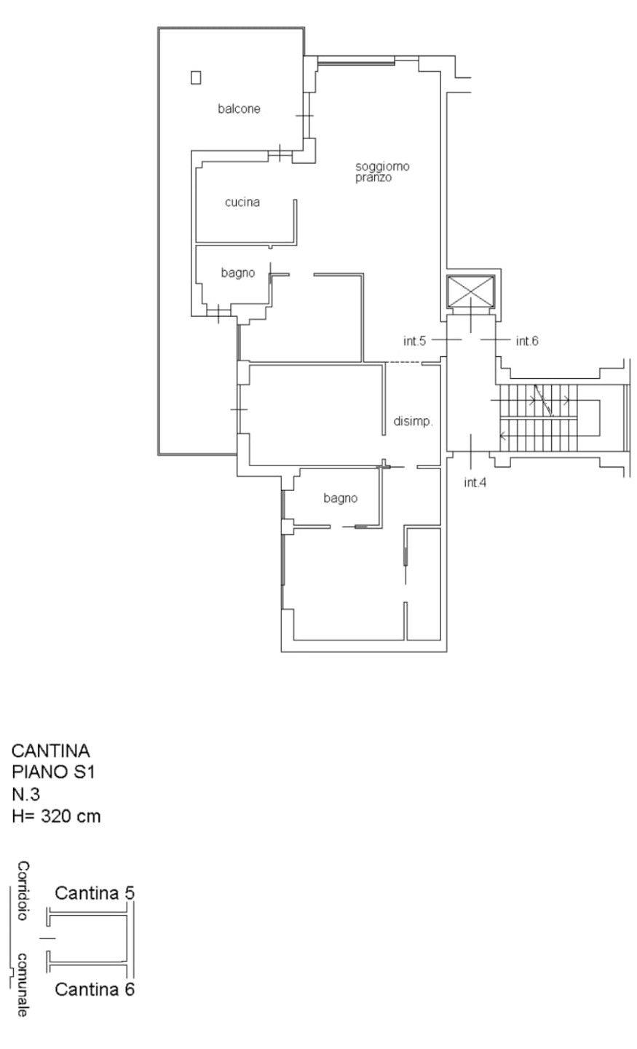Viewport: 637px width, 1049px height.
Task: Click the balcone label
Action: click(239, 109)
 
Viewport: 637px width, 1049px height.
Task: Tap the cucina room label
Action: click(242, 202)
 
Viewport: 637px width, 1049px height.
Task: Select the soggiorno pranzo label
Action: click(382, 172)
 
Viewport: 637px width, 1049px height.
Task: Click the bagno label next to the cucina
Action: click(238, 272)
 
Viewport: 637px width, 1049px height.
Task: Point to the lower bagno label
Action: click(340, 498)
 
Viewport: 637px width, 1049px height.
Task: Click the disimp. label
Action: click(413, 422)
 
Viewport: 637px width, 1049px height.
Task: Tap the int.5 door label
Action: click(415, 341)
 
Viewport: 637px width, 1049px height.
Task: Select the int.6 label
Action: click(527, 341)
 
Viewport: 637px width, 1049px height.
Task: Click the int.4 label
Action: click(475, 482)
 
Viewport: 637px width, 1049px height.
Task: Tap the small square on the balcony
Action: click(196, 77)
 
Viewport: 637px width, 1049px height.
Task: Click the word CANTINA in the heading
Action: click(50, 750)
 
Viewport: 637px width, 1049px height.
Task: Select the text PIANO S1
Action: click(53, 771)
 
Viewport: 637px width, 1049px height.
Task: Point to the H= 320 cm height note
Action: click(56, 816)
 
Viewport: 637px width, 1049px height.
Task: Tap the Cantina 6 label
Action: click(95, 989)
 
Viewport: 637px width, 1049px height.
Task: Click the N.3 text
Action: click(25, 794)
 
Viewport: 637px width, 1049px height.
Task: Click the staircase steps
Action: click(538, 417)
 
